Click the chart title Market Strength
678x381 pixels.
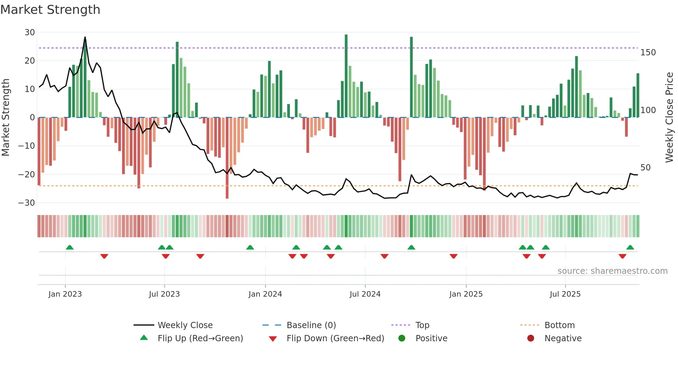tap(50, 10)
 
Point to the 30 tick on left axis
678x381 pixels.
tap(30, 32)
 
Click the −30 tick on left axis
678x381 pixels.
tap(27, 203)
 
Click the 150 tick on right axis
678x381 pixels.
tap(648, 53)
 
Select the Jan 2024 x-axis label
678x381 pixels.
tap(265, 294)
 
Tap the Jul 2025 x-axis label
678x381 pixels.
tap(565, 294)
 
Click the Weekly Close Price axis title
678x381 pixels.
tap(669, 117)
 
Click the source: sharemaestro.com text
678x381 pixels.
tap(612, 271)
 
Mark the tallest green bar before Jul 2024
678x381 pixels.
tap(346, 76)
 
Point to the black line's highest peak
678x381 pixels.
tap(85, 37)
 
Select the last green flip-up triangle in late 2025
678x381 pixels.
tap(630, 248)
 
